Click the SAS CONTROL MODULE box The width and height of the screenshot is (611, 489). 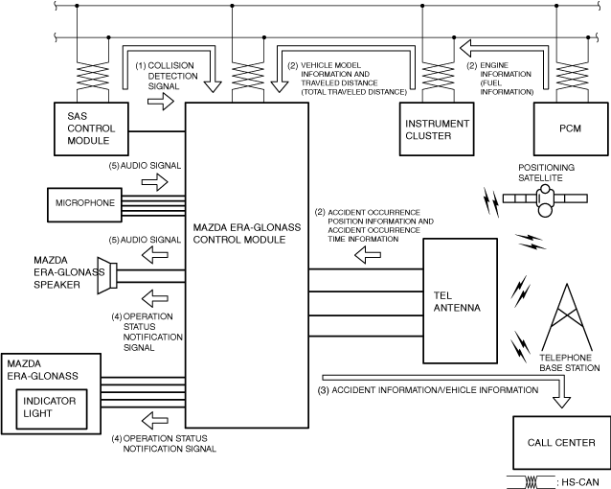pyautogui.click(x=91, y=128)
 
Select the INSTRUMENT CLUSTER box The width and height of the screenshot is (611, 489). pyautogui.click(x=437, y=128)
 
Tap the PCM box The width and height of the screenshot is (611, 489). pyautogui.click(x=571, y=128)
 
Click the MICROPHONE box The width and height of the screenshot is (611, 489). pyautogui.click(x=84, y=205)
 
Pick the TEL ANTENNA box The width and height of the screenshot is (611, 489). pyautogui.click(x=461, y=301)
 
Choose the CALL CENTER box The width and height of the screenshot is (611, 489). pyautogui.click(x=561, y=443)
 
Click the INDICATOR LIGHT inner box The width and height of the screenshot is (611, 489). pyautogui.click(x=52, y=408)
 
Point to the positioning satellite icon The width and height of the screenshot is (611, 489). pyautogui.click(x=545, y=199)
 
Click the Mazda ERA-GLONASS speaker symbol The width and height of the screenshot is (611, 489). pyautogui.click(x=107, y=275)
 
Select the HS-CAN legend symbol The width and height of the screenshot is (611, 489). pyautogui.click(x=531, y=481)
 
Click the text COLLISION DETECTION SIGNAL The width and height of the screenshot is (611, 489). pyautogui.click(x=167, y=76)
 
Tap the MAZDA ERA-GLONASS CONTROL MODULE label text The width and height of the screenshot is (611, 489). pyautogui.click(x=247, y=233)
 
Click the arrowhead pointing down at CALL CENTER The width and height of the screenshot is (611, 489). pyautogui.click(x=561, y=402)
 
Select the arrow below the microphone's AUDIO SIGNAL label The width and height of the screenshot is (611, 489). pyautogui.click(x=155, y=182)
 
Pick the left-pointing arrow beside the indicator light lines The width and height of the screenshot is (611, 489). pyautogui.click(x=155, y=420)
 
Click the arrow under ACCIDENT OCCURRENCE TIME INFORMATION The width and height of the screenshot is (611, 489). pyautogui.click(x=368, y=255)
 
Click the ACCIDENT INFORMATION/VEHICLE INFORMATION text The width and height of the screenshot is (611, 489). pyautogui.click(x=428, y=390)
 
